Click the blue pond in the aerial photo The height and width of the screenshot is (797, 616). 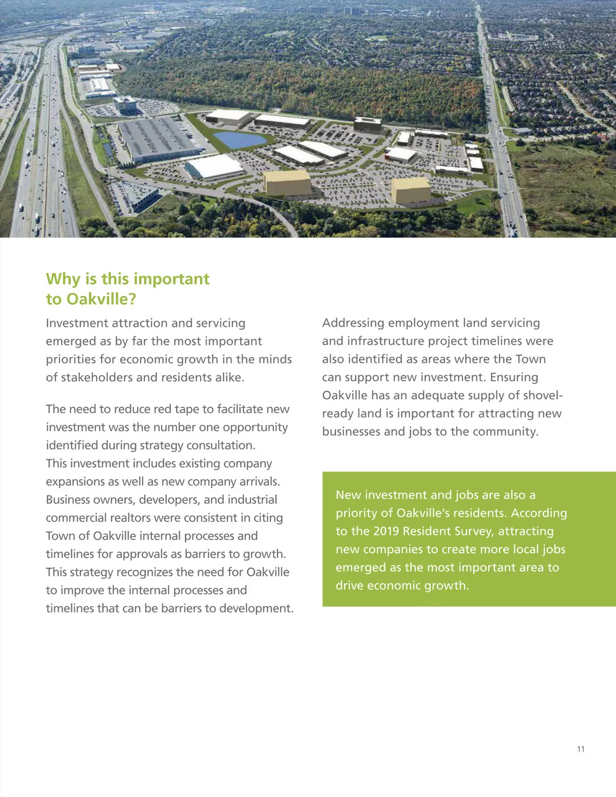(239, 140)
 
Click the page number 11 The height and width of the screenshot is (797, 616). (581, 749)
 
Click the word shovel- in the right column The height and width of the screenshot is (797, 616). (542, 395)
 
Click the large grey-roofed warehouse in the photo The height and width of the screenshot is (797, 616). (157, 139)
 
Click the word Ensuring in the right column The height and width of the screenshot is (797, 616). (514, 377)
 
